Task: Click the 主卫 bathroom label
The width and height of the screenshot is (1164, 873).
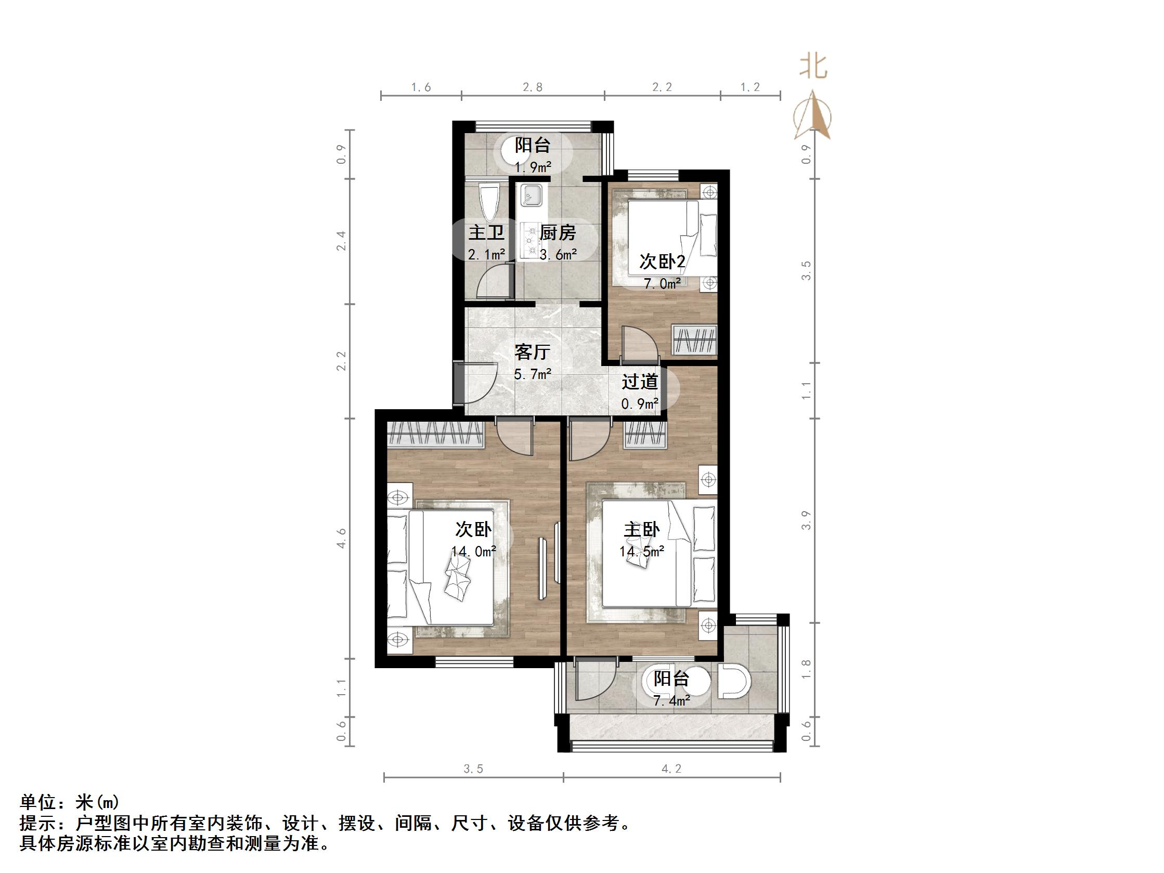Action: click(x=486, y=232)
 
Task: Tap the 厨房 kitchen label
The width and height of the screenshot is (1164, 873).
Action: click(x=558, y=232)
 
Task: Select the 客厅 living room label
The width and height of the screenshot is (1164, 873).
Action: click(x=532, y=351)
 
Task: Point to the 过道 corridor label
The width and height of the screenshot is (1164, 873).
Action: click(x=639, y=382)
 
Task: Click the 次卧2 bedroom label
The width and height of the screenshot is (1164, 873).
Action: click(x=662, y=261)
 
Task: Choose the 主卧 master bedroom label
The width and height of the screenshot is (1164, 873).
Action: click(x=641, y=529)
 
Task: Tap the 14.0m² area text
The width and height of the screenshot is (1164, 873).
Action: click(x=474, y=552)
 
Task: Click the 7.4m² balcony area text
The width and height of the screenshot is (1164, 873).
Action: click(x=671, y=701)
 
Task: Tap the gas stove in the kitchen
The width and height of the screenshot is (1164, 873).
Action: click(x=530, y=242)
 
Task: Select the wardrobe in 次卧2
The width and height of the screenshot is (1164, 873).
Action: click(x=695, y=340)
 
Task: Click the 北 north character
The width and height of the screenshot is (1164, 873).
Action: click(x=813, y=68)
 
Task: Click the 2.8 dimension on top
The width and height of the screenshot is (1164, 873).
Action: click(x=533, y=87)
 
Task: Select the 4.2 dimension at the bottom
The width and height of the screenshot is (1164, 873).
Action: click(x=671, y=769)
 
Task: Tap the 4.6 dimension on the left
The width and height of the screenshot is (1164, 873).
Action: click(x=342, y=538)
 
